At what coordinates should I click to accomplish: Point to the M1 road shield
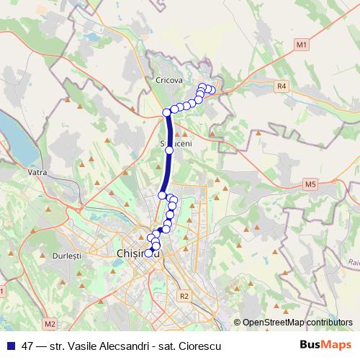[x=302, y=45]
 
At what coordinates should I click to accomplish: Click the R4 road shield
[x=282, y=86]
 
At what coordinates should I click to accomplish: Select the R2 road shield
[x=185, y=295]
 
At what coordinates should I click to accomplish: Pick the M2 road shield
[x=48, y=323]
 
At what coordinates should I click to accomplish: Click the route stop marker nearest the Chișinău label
[x=149, y=253]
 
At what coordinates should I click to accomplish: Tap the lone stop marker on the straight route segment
[x=169, y=150]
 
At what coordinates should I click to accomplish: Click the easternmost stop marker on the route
[x=212, y=90]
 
